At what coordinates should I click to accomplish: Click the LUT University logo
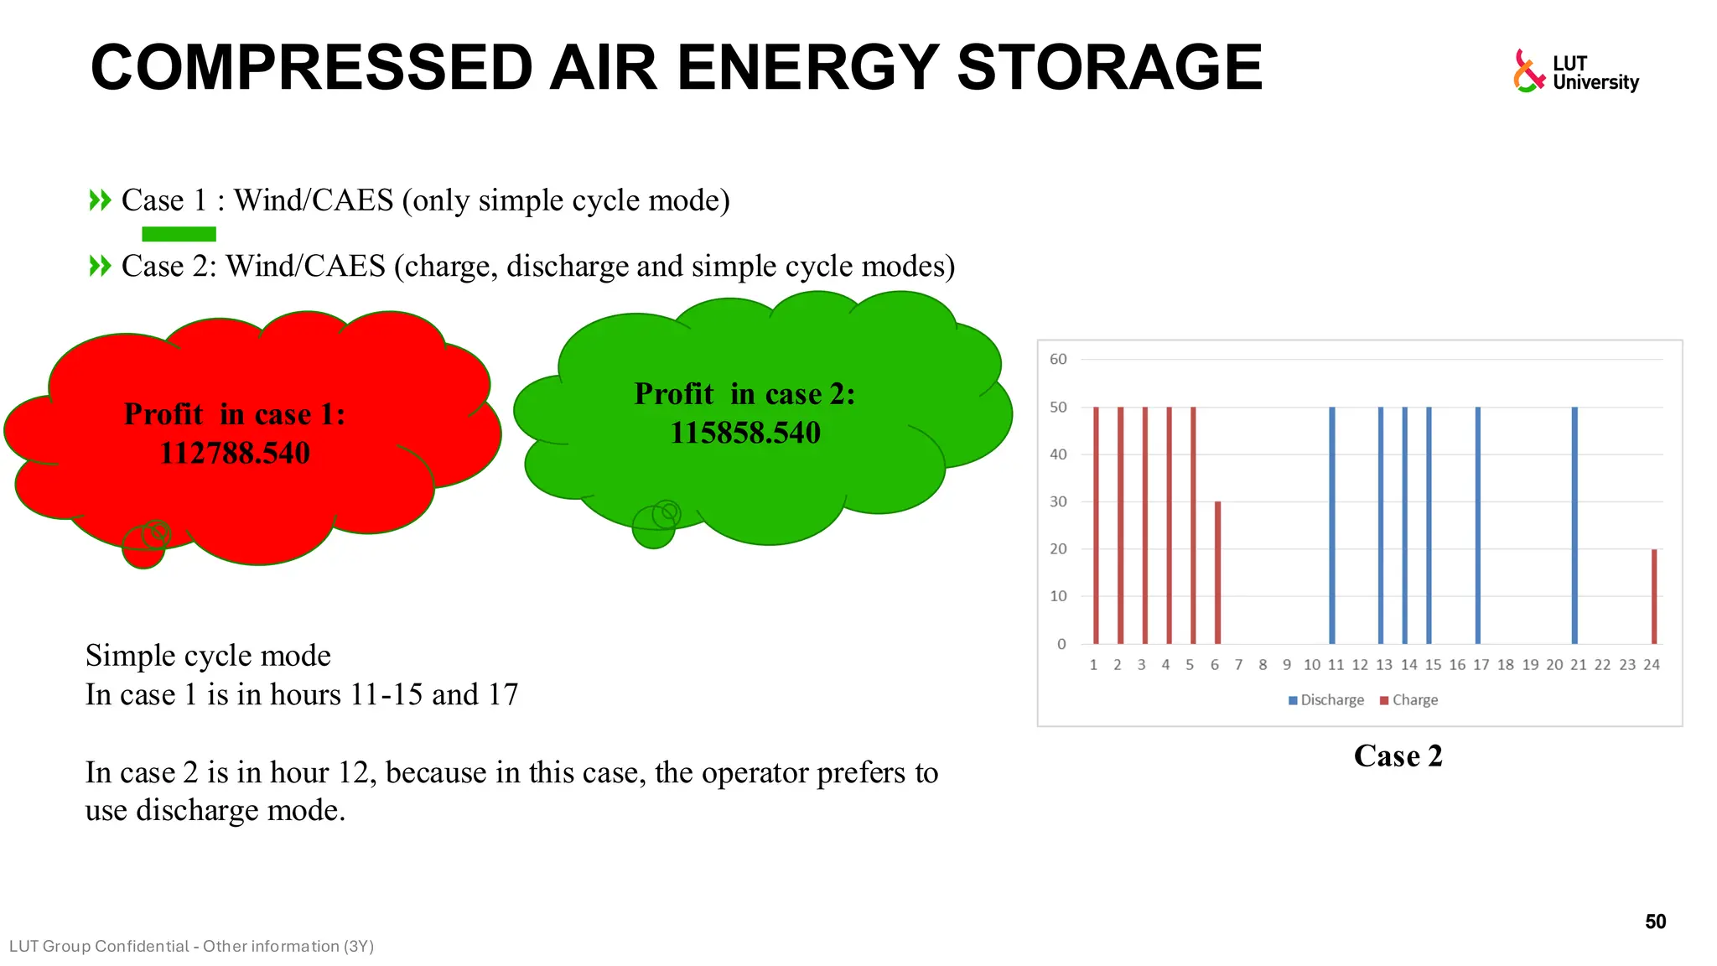pos(1575,71)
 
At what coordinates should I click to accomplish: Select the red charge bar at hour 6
pos(1217,572)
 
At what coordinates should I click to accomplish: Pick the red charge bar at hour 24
pos(1654,596)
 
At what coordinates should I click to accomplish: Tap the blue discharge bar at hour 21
pos(1574,525)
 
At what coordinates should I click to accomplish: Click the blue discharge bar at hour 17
pos(1477,525)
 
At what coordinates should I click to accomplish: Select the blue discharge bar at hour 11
pos(1332,525)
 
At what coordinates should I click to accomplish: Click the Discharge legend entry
pos(1326,700)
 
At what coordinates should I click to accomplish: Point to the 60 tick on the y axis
pos(1058,360)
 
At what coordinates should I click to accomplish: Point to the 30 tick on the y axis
pos(1058,501)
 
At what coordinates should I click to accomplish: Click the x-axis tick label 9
pos(1287,665)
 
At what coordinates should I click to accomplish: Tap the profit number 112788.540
pos(235,454)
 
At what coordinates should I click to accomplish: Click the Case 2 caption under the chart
pos(1398,756)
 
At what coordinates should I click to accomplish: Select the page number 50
pos(1655,922)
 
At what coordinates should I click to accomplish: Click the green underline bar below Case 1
pos(179,234)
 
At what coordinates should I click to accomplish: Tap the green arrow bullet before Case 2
pos(100,267)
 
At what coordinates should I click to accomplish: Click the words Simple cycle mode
pos(208,656)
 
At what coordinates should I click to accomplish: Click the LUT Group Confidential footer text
pos(191,947)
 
